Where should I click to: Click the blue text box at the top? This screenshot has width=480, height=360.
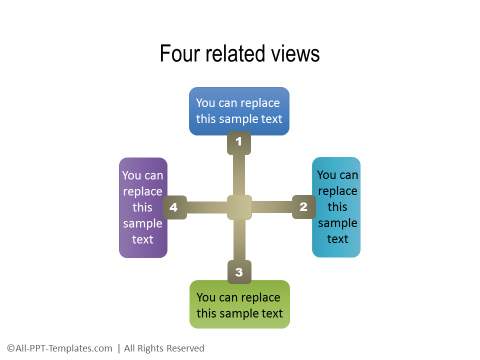(239, 111)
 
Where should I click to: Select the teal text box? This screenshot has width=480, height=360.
(336, 207)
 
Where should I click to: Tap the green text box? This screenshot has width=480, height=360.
(239, 305)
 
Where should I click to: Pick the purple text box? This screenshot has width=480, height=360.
(143, 207)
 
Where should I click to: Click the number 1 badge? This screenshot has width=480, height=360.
(238, 144)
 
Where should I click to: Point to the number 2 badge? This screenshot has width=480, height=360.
(302, 207)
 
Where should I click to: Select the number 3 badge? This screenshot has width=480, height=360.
(238, 271)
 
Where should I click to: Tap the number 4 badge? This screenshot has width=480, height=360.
(175, 207)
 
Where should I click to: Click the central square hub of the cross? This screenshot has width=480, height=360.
(239, 207)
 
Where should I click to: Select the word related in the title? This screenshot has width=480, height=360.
(237, 54)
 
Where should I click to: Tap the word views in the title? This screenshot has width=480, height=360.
(296, 54)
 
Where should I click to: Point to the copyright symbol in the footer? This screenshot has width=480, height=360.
(9, 348)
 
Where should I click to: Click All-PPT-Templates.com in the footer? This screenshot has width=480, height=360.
(62, 348)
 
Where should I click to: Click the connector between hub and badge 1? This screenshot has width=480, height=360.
(239, 175)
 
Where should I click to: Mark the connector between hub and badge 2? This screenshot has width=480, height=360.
(271, 207)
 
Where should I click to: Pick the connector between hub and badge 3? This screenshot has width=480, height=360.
(239, 240)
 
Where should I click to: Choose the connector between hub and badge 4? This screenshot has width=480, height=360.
(207, 207)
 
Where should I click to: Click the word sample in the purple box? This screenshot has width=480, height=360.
(143, 223)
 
